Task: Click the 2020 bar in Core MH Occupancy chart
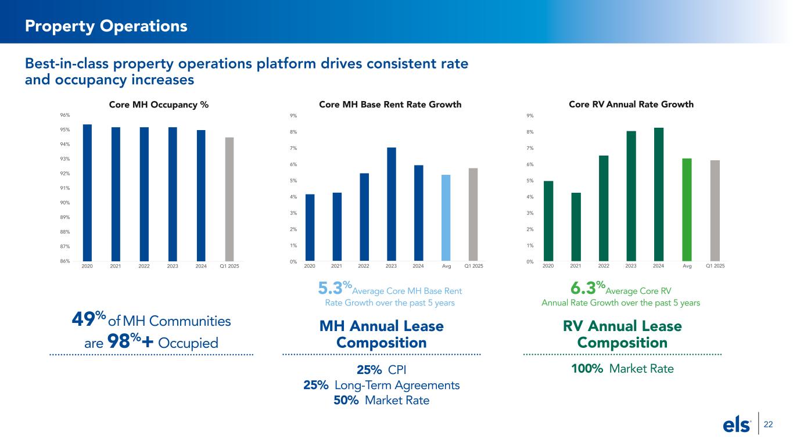point(87,193)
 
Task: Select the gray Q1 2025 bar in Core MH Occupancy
point(229,199)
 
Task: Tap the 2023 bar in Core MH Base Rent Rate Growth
point(392,204)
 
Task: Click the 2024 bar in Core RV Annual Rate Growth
point(659,195)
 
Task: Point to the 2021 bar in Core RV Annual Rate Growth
point(576,227)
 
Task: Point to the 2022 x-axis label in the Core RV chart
point(604,266)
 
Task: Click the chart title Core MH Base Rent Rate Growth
point(390,105)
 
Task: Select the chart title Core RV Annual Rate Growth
point(631,105)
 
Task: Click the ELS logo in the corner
point(737,426)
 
